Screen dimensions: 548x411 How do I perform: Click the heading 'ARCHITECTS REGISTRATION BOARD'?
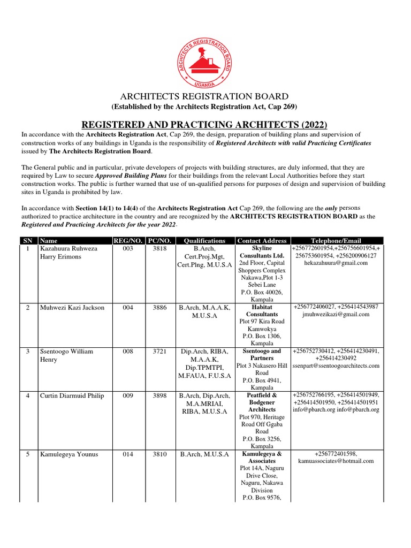click(x=205, y=96)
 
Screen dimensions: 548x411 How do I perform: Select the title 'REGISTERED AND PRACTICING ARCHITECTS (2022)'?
click(x=205, y=124)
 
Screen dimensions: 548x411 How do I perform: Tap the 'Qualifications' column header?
click(x=205, y=241)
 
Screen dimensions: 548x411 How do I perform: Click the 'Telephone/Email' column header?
click(x=336, y=241)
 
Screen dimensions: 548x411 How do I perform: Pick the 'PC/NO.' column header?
click(x=159, y=241)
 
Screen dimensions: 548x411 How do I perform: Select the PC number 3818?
click(x=159, y=249)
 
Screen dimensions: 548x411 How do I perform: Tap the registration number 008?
click(x=127, y=352)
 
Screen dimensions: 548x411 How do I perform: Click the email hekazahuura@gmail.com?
click(x=336, y=263)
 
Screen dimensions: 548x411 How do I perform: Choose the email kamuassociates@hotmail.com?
click(x=336, y=461)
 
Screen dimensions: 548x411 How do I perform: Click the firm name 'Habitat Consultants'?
click(x=262, y=311)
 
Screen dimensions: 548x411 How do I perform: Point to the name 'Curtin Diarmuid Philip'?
click(x=72, y=395)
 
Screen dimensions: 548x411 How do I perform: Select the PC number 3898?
click(x=159, y=395)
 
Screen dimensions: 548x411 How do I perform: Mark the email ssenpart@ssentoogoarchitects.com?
click(x=336, y=366)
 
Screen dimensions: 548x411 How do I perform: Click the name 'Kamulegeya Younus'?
click(x=67, y=454)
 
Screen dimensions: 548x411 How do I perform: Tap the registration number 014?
click(x=127, y=454)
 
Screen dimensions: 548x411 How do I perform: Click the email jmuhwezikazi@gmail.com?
click(x=336, y=314)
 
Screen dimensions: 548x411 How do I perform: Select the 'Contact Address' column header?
click(x=262, y=241)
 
